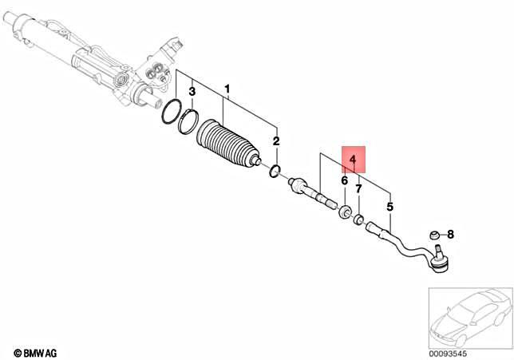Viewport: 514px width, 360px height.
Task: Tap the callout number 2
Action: (276, 141)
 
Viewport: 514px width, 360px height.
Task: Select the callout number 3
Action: (192, 93)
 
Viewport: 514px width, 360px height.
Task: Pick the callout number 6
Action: (344, 181)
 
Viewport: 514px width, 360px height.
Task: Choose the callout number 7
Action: (359, 189)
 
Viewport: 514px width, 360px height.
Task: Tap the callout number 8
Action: (450, 235)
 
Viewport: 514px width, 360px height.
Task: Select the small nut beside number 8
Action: (434, 235)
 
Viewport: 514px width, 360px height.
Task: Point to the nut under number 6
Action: (345, 212)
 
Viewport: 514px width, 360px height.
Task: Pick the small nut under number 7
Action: (359, 220)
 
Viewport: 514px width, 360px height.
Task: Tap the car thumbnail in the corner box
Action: (468, 318)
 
